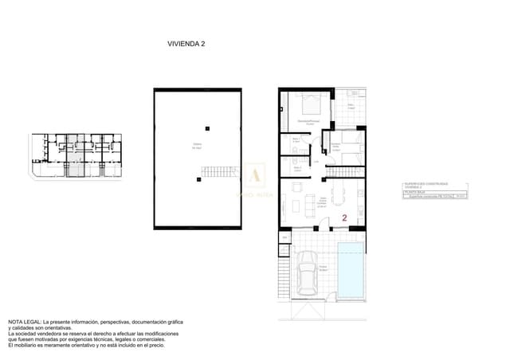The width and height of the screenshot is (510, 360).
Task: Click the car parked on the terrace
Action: tap(308, 279)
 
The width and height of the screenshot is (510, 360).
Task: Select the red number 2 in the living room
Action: tap(343, 217)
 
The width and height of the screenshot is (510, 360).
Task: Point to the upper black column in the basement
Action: tap(207, 127)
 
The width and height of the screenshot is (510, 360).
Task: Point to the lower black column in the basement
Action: tap(194, 180)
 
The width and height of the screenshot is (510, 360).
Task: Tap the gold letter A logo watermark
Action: tap(255, 176)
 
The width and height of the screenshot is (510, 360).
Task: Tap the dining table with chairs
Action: tap(342, 194)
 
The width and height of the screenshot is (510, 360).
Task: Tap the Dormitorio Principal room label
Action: tap(306, 122)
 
